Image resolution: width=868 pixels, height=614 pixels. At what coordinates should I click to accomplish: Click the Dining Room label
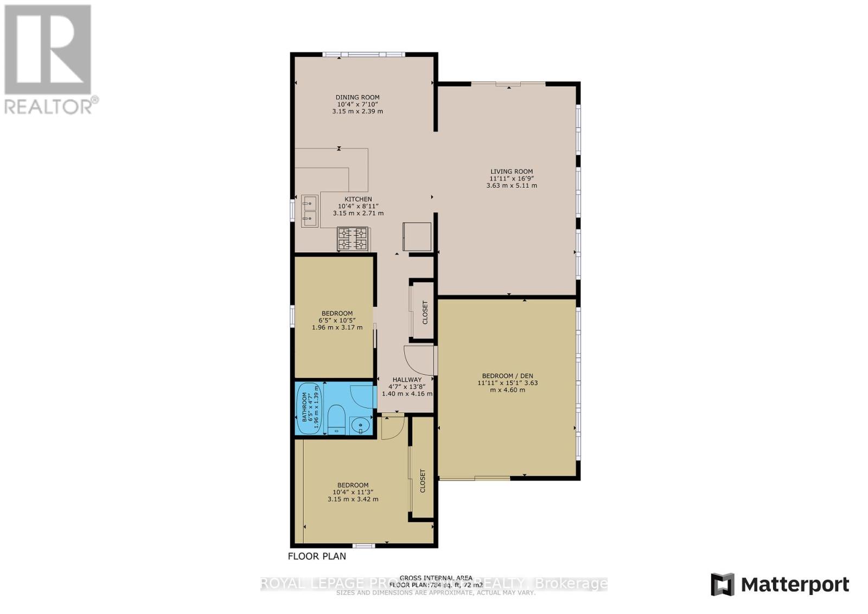[357, 98]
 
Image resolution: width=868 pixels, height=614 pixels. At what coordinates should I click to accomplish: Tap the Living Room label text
[512, 171]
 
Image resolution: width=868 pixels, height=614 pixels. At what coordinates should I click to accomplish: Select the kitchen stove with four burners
[353, 239]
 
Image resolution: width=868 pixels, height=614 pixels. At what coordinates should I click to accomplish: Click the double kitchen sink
[310, 211]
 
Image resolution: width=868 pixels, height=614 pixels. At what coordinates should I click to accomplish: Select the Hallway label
[407, 380]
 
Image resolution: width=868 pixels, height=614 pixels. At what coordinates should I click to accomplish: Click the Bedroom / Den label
[507, 376]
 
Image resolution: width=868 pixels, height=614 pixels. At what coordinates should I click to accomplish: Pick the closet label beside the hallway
[425, 312]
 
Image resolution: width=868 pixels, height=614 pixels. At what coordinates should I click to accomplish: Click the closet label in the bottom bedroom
[423, 481]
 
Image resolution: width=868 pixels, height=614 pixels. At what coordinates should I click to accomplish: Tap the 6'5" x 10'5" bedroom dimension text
[337, 320]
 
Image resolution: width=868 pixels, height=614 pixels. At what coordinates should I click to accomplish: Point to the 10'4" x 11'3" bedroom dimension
[353, 492]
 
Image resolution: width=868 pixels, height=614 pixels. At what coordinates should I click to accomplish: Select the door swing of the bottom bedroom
[392, 428]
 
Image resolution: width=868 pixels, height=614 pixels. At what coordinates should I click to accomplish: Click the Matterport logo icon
[723, 584]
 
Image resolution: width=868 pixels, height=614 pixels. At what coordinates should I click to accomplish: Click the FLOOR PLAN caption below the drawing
[317, 556]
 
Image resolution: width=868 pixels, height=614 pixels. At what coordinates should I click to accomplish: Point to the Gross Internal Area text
[436, 578]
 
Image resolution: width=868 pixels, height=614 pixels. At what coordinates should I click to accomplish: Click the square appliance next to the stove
[417, 237]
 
